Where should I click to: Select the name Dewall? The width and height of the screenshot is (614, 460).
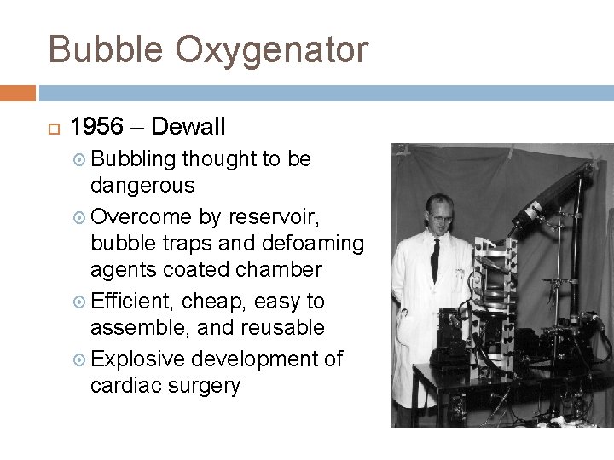pyautogui.click(x=190, y=127)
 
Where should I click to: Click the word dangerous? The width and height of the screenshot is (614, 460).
pyautogui.click(x=142, y=185)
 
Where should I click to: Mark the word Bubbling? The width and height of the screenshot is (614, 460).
pyautogui.click(x=134, y=159)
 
